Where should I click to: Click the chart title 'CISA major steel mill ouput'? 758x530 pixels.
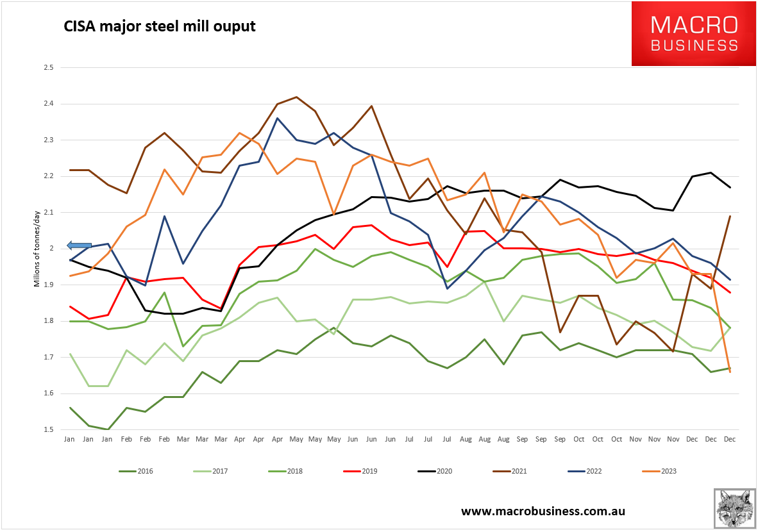159,27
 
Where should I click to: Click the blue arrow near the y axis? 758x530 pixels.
80,245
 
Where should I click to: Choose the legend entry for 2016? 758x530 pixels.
136,472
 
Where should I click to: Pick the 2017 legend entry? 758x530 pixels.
210,472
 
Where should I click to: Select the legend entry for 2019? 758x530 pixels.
360,472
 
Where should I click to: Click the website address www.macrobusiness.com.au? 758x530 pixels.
543,511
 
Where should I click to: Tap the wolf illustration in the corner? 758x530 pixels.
734,508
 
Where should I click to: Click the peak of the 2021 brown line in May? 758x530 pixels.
296,97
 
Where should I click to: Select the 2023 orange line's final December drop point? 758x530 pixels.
729,372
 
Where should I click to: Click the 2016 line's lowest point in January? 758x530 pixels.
108,429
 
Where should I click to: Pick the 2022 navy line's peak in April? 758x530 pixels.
277,118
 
